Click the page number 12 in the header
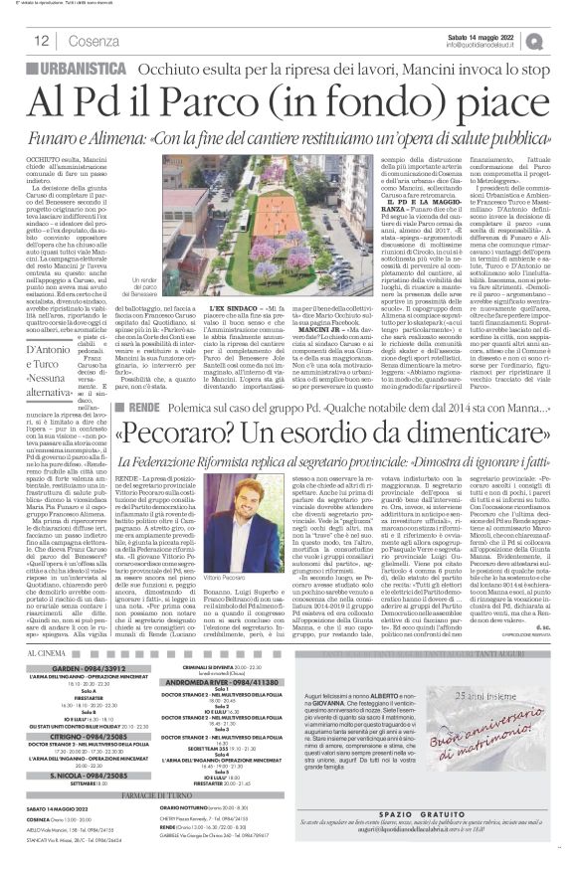43,41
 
